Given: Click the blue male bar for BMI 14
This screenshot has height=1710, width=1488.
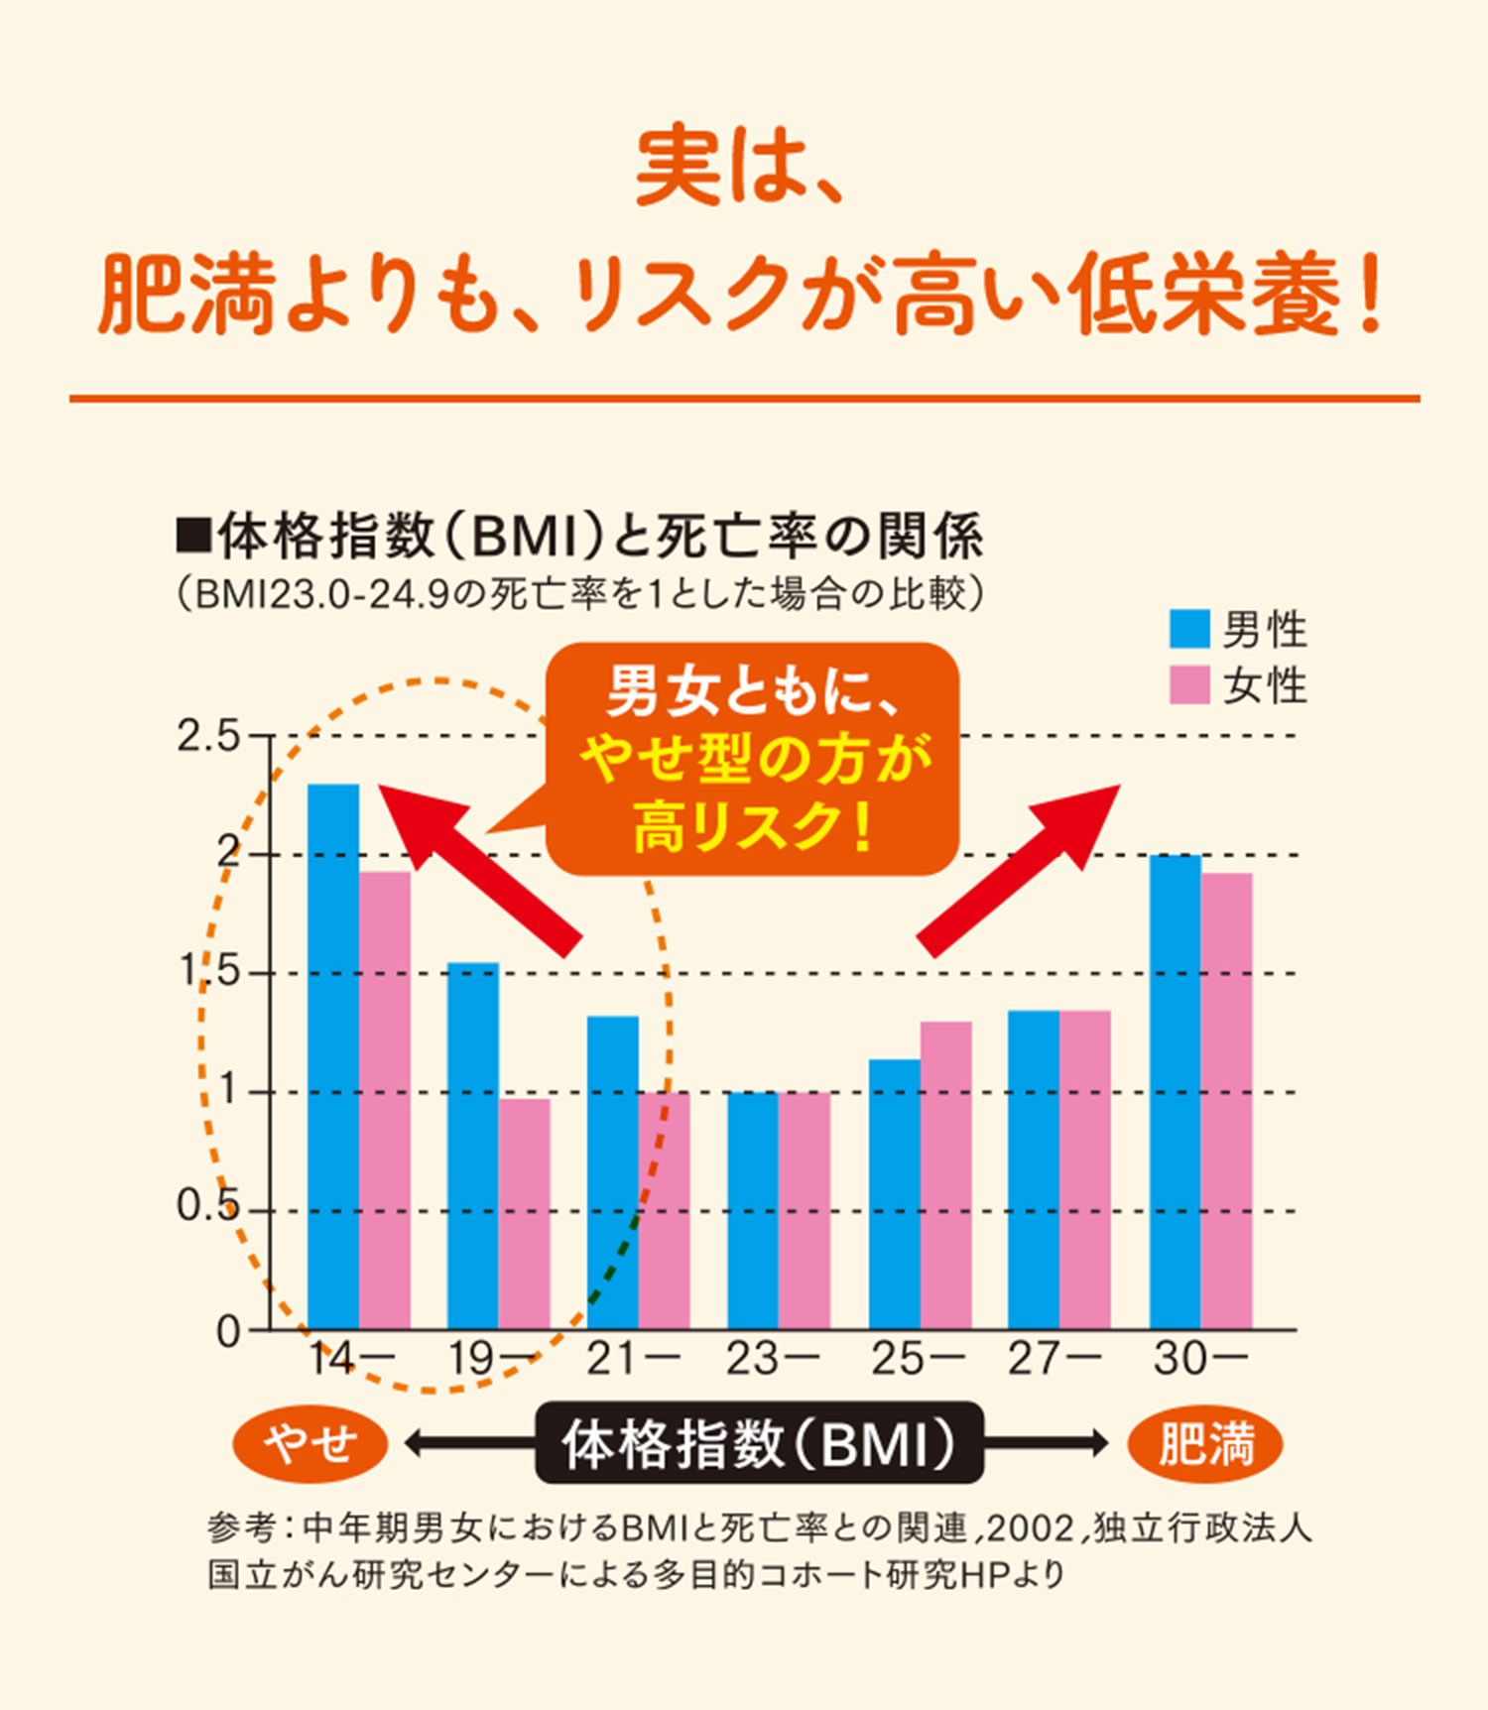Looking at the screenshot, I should click(x=333, y=1056).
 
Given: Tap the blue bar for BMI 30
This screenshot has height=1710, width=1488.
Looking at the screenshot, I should click(x=1176, y=1091).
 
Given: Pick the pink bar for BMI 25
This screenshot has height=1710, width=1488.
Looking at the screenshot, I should click(x=945, y=1175).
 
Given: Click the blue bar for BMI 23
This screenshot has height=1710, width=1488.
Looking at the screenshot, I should click(x=753, y=1210).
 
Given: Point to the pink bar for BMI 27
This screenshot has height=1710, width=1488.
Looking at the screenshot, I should click(x=1084, y=1170).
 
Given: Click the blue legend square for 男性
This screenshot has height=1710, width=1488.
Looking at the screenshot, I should click(x=1189, y=629).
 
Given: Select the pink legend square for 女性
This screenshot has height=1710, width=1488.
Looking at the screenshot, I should click(x=1189, y=685).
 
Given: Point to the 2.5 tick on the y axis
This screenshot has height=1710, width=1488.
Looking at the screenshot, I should click(x=208, y=737).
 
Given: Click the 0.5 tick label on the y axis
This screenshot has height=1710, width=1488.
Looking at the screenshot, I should click(x=208, y=1207).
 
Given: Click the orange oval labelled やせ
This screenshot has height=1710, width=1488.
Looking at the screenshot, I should click(x=310, y=1443).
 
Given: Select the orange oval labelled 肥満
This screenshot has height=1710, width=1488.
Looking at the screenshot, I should click(x=1205, y=1443).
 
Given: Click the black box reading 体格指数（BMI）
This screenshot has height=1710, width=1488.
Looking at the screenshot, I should click(x=759, y=1443).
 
